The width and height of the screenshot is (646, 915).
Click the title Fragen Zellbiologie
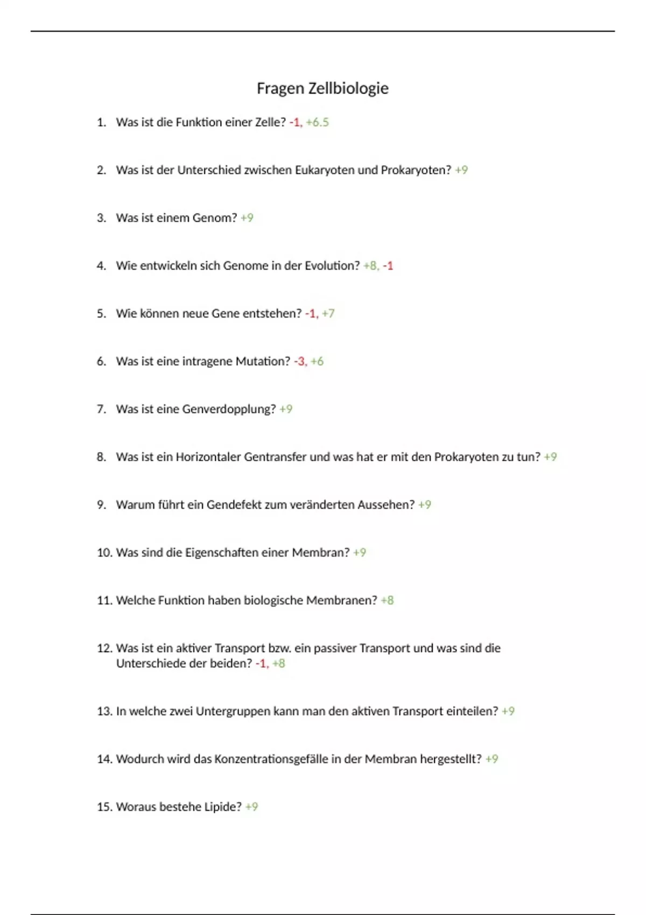322,88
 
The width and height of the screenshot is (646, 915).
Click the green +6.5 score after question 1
317,122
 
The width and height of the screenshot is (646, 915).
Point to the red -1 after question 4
388,266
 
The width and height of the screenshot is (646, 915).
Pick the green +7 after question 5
328,313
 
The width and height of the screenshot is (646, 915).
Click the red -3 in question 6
299,361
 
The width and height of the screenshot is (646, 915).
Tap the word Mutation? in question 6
263,361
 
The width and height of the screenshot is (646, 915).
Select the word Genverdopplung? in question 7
229,409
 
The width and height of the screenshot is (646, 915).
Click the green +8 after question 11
387,600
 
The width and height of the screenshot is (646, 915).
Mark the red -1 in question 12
261,664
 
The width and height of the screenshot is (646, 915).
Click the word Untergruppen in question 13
233,712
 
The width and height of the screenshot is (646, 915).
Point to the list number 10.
104,553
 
